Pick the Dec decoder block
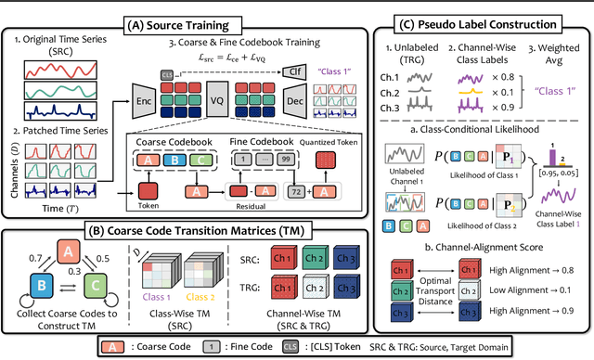pos(293,101)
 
